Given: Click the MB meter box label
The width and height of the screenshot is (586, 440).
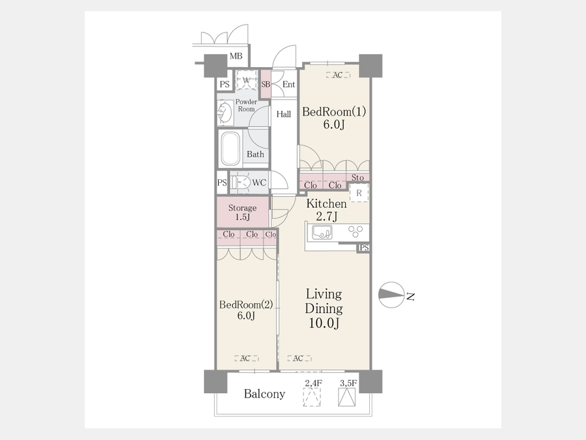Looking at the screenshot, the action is click(x=236, y=57).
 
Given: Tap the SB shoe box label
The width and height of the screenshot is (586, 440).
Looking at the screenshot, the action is click(x=266, y=85).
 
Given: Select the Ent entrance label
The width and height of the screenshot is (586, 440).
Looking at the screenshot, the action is click(x=288, y=85).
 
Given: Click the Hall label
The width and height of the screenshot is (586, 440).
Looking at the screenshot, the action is click(x=284, y=114).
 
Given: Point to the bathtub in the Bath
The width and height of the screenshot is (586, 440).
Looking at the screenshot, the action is click(x=230, y=149).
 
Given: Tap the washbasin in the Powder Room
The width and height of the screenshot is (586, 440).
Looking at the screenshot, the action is click(x=225, y=112).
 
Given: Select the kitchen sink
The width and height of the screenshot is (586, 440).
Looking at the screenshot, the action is click(x=322, y=233).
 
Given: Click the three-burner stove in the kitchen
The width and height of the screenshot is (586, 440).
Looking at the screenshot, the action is click(x=356, y=231).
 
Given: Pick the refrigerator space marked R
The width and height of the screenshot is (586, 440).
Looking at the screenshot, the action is click(x=359, y=193).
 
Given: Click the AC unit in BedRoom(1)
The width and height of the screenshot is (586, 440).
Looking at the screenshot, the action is click(x=338, y=75).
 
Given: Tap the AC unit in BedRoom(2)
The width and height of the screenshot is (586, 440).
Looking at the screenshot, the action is click(x=246, y=359).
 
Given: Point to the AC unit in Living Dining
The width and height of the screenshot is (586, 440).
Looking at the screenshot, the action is click(x=300, y=359).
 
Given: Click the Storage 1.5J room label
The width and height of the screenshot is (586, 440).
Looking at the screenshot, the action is click(x=243, y=212).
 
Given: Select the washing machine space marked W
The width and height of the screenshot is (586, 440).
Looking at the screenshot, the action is click(x=246, y=80).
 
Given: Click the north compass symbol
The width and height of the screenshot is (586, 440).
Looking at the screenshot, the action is click(x=392, y=295).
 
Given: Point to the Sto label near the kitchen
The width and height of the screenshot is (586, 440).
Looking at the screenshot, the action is click(x=357, y=178).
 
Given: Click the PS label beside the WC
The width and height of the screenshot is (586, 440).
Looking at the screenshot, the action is click(x=222, y=183).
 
